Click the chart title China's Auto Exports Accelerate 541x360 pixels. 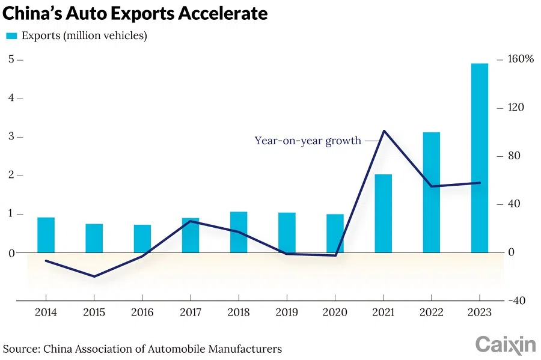pyautogui.click(x=135, y=13)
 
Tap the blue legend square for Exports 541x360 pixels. pyautogui.click(x=11, y=36)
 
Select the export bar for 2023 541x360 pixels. pyautogui.click(x=479, y=157)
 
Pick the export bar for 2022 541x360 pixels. pyautogui.click(x=431, y=192)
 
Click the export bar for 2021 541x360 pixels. pyautogui.click(x=383, y=213)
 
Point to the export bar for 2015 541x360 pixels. pyautogui.click(x=94, y=238)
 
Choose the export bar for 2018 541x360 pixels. pyautogui.click(x=239, y=232)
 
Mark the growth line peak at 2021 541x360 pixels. pyautogui.click(x=384, y=130)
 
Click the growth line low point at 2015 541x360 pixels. pyautogui.click(x=94, y=276)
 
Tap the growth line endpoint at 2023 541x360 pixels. pyautogui.click(x=480, y=183)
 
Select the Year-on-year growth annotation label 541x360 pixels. pyautogui.click(x=308, y=141)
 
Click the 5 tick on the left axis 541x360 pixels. pyautogui.click(x=11, y=59)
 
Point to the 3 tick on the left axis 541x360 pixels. pyautogui.click(x=11, y=136)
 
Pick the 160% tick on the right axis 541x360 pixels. pyautogui.click(x=521, y=59)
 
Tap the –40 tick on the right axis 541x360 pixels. pyautogui.click(x=519, y=301)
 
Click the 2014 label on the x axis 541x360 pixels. pyautogui.click(x=46, y=313)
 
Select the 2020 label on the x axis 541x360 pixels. pyautogui.click(x=335, y=313)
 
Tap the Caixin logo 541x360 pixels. pyautogui.click(x=505, y=344)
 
